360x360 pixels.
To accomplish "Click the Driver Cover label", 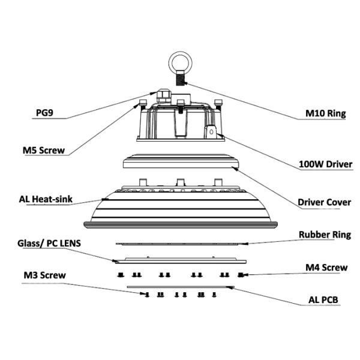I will [x=325, y=202].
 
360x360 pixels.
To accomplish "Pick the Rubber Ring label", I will [x=325, y=235].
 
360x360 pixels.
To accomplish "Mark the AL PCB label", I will [x=323, y=301].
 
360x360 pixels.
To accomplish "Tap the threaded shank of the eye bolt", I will [x=179, y=77].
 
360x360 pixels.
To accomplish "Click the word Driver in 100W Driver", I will [x=337, y=164].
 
